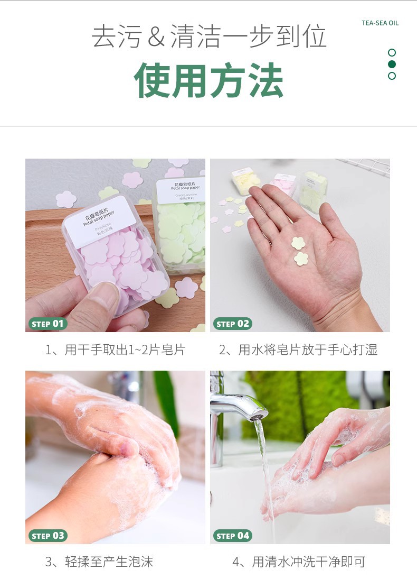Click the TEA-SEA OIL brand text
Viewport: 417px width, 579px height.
[x=380, y=23]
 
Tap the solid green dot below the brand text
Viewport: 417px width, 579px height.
[x=392, y=64]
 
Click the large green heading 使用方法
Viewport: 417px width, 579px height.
[x=209, y=81]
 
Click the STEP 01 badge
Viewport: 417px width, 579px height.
[x=48, y=324]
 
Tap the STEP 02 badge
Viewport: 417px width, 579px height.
[x=232, y=324]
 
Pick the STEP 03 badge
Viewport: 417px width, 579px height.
[x=48, y=536]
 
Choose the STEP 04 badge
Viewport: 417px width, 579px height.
[x=232, y=536]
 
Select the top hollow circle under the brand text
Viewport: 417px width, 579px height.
[x=392, y=52]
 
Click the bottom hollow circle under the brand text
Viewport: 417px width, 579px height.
[x=392, y=76]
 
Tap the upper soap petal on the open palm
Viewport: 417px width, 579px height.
[x=299, y=243]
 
